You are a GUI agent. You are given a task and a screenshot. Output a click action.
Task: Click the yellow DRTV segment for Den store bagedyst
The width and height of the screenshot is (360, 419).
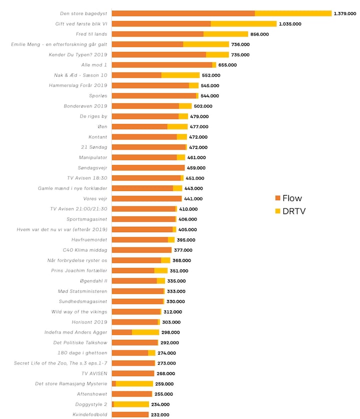[x=293, y=13]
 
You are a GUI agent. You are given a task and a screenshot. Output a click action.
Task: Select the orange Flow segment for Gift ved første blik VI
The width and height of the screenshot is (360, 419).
[x=161, y=23]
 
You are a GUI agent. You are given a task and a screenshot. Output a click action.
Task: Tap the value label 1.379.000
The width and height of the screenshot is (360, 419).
[x=345, y=13]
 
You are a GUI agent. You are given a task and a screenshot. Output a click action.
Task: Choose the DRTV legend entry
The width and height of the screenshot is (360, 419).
[x=293, y=211]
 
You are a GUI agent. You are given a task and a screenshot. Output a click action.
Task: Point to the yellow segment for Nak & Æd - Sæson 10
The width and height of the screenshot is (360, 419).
[x=180, y=75]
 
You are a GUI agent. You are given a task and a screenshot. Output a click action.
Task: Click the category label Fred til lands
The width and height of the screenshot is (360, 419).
[x=91, y=34]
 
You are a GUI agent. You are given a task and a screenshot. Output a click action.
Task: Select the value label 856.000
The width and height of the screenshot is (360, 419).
[x=259, y=34]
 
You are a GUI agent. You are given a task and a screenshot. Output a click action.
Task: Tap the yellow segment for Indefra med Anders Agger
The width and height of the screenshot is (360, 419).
[x=145, y=332]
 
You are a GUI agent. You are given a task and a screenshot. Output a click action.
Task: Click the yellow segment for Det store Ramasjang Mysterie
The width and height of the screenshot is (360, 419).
[x=134, y=383]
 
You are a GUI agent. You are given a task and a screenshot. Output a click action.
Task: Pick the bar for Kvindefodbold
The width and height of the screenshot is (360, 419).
[x=130, y=414]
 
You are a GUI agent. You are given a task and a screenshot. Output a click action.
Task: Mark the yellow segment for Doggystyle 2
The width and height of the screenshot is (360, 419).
[x=131, y=404]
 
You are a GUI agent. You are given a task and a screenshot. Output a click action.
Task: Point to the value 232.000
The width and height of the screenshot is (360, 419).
[x=160, y=414]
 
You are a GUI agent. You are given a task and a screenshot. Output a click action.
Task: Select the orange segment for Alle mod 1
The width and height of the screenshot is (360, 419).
[x=161, y=65]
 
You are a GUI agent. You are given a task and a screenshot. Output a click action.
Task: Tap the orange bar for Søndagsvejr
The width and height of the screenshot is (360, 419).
[x=148, y=167]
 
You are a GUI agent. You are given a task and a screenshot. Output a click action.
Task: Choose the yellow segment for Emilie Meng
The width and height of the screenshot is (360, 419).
[x=206, y=44]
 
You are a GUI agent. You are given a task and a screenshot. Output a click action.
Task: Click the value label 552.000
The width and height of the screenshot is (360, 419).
[x=210, y=75]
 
